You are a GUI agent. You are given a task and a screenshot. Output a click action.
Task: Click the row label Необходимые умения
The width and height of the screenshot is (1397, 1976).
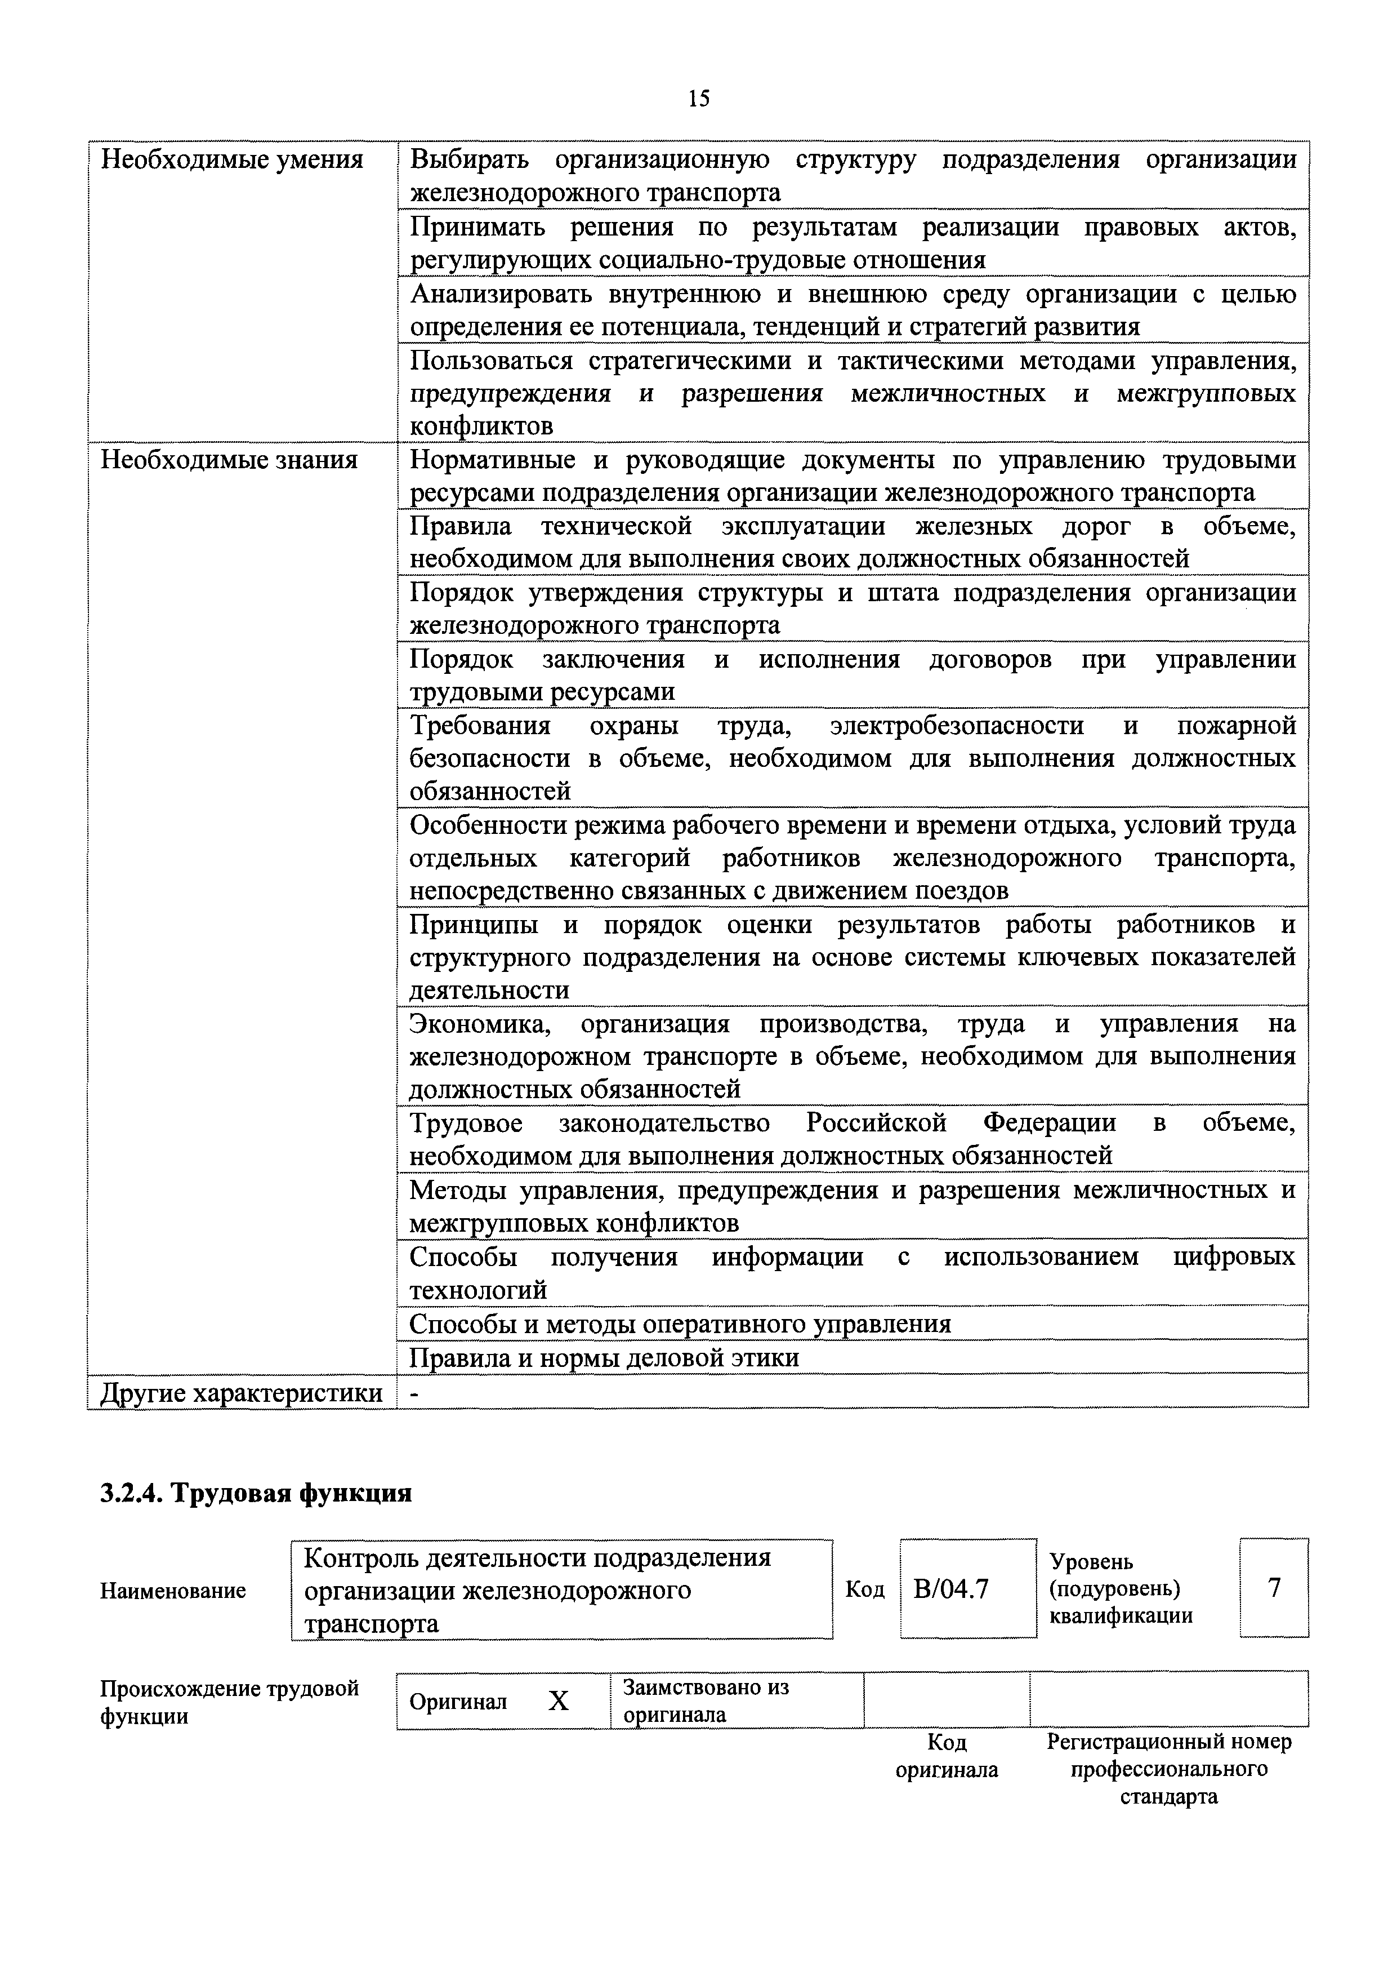[x=231, y=160]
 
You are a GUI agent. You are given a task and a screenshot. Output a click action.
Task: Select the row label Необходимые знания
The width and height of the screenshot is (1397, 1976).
[x=229, y=460]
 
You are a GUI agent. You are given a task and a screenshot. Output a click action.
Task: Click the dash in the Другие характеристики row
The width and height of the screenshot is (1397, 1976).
[x=414, y=1394]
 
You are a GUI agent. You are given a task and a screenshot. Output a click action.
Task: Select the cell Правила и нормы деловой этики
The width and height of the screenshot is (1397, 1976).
[x=604, y=1357]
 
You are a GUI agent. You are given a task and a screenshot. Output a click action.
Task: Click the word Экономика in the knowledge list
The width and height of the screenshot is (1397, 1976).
[x=482, y=1024]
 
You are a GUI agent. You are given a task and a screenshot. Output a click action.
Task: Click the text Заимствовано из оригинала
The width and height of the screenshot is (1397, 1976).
[x=706, y=1700]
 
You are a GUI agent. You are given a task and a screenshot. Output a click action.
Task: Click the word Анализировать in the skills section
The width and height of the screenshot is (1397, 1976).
[x=502, y=294]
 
